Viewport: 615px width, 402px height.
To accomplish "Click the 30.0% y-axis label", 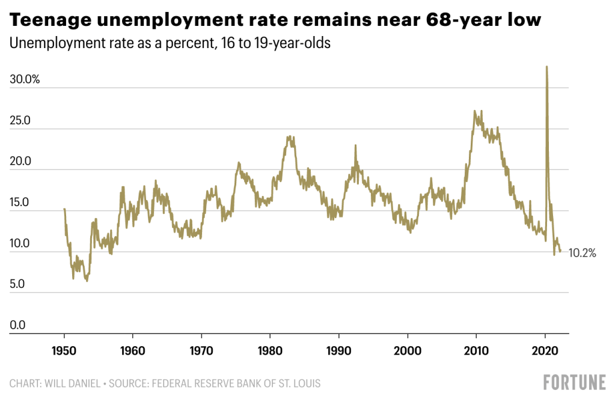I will (24, 79).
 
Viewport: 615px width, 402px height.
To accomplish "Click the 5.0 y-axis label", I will (19, 284).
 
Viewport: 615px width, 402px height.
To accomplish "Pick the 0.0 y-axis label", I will (19, 325).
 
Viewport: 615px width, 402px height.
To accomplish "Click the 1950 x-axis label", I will (64, 350).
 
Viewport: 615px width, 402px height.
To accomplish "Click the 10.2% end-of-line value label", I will (582, 253).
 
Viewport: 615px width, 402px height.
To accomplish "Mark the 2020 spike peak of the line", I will (546, 67).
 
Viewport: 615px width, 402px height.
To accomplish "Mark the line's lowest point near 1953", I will (87, 281).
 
